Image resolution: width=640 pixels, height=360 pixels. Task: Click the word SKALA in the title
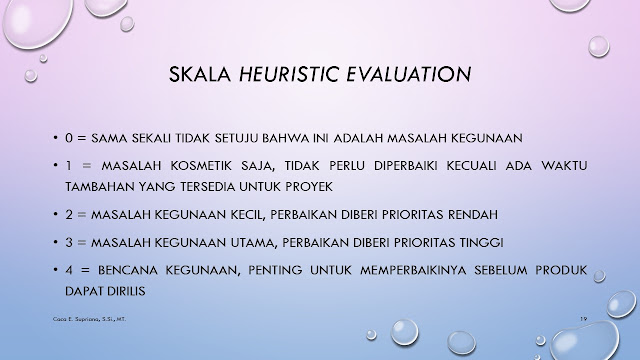point(200,74)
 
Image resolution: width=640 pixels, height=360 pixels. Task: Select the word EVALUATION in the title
point(409,74)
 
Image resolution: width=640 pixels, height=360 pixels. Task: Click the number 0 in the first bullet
point(69,138)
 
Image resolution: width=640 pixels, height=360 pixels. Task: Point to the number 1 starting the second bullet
point(69,166)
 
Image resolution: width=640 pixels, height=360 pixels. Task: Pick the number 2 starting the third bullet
point(69,214)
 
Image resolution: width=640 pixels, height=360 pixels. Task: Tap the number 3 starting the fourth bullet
point(69,242)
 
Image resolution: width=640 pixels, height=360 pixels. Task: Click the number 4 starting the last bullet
point(69,270)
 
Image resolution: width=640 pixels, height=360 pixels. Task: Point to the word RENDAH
point(473,214)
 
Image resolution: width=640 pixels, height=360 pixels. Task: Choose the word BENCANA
point(128,270)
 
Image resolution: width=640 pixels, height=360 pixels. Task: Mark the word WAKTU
point(564,166)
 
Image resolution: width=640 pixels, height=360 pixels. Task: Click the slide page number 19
point(584,318)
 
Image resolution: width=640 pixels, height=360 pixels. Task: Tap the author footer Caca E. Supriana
point(89,319)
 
